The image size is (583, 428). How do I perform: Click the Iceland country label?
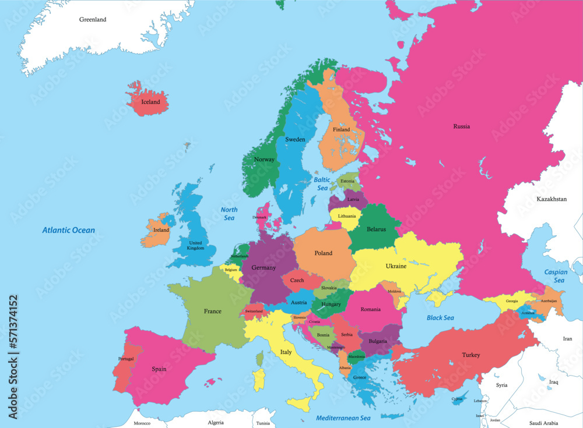[x=150, y=102]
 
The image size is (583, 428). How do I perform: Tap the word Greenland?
[x=93, y=19]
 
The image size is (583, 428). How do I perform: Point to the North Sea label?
[x=229, y=214]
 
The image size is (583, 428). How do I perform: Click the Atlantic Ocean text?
[x=68, y=230]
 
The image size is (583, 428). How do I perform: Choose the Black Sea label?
[x=440, y=317]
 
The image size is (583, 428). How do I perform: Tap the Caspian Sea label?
[x=555, y=276]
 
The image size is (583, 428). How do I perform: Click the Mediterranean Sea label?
[x=343, y=418]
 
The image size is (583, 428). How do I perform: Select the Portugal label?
[x=126, y=359]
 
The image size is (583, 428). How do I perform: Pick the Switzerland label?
[x=254, y=312]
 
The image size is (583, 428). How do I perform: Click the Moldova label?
[x=395, y=291]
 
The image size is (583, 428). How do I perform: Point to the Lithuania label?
[x=346, y=216]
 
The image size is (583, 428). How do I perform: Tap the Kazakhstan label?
[x=551, y=199]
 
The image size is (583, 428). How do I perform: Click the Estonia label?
[x=347, y=181]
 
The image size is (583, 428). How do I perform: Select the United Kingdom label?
[x=195, y=246]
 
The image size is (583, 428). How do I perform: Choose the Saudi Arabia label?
[x=543, y=423]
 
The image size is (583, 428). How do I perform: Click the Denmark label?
[x=259, y=217]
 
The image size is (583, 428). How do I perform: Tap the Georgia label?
[x=511, y=301]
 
